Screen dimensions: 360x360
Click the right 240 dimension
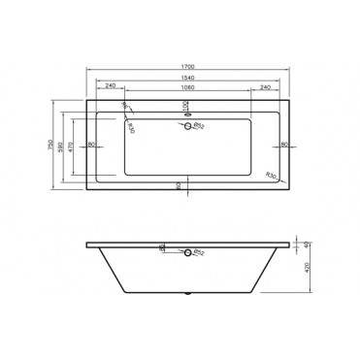tap(264, 87)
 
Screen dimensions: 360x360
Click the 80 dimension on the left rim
tap(90, 145)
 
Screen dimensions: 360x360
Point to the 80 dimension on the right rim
tap(283, 145)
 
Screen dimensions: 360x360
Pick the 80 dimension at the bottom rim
tap(180, 183)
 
